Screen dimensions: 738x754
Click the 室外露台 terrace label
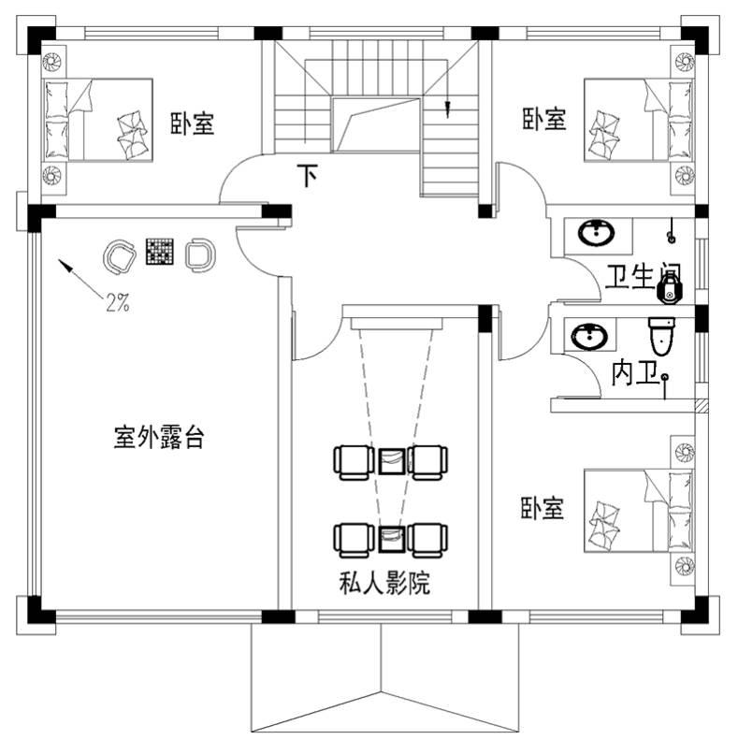coord(159,437)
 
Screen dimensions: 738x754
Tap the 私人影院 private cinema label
coord(384,584)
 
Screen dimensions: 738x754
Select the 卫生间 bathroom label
coord(643,277)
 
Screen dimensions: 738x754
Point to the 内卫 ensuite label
coord(634,373)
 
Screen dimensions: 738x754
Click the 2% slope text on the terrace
coord(118,302)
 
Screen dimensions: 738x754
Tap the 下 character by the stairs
coord(308,175)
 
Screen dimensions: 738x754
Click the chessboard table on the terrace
coord(159,251)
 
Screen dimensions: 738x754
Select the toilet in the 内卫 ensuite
coord(661,335)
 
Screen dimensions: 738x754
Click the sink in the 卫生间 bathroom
coord(596,234)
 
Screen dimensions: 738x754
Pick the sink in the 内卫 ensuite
coord(589,335)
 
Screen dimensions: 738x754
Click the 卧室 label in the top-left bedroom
coord(192,123)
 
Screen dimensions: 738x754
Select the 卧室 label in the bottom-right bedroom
coord(542,508)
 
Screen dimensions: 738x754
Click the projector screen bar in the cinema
coord(397,324)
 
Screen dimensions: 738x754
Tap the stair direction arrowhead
coord(447,109)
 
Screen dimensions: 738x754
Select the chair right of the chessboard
coord(200,254)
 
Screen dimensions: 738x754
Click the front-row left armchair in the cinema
coord(354,462)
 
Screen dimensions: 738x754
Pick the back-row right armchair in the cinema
coord(427,541)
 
